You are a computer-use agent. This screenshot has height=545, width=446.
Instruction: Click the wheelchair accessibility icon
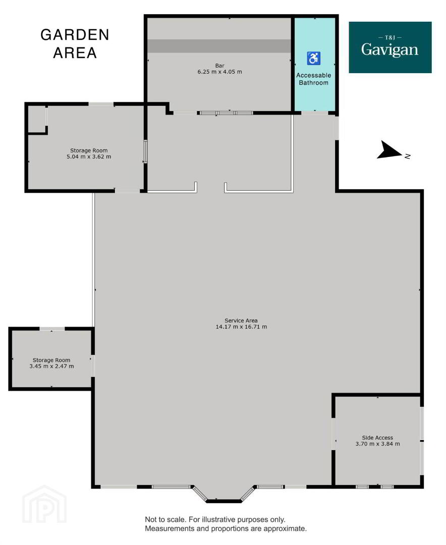(x=313, y=59)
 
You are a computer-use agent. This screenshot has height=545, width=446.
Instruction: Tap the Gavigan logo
(x=390, y=47)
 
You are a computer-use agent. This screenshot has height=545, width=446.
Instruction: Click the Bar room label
(x=219, y=66)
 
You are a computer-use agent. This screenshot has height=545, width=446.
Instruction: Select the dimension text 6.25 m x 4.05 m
(x=219, y=72)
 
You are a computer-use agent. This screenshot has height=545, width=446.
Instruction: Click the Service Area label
(x=241, y=320)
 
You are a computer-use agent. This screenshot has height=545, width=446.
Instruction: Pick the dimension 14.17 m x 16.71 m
(x=241, y=326)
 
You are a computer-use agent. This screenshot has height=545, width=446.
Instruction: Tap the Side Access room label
(x=377, y=438)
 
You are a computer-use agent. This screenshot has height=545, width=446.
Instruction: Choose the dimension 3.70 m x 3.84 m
(x=377, y=444)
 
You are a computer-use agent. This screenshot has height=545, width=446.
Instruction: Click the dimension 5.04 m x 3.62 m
(x=89, y=157)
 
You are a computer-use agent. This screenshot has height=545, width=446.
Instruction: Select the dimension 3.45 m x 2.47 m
(x=51, y=366)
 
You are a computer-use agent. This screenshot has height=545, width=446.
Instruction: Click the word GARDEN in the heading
(x=75, y=35)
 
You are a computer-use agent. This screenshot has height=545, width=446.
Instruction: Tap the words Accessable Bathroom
(x=313, y=79)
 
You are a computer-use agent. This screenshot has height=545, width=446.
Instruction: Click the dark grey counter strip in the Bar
(x=219, y=46)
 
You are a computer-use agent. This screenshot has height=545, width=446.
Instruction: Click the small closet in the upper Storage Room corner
(x=36, y=119)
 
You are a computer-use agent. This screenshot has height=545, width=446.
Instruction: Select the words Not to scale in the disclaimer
(x=165, y=520)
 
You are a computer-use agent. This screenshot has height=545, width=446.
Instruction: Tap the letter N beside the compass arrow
(x=408, y=156)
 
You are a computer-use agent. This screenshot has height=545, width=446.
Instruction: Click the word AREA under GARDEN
(x=75, y=53)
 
